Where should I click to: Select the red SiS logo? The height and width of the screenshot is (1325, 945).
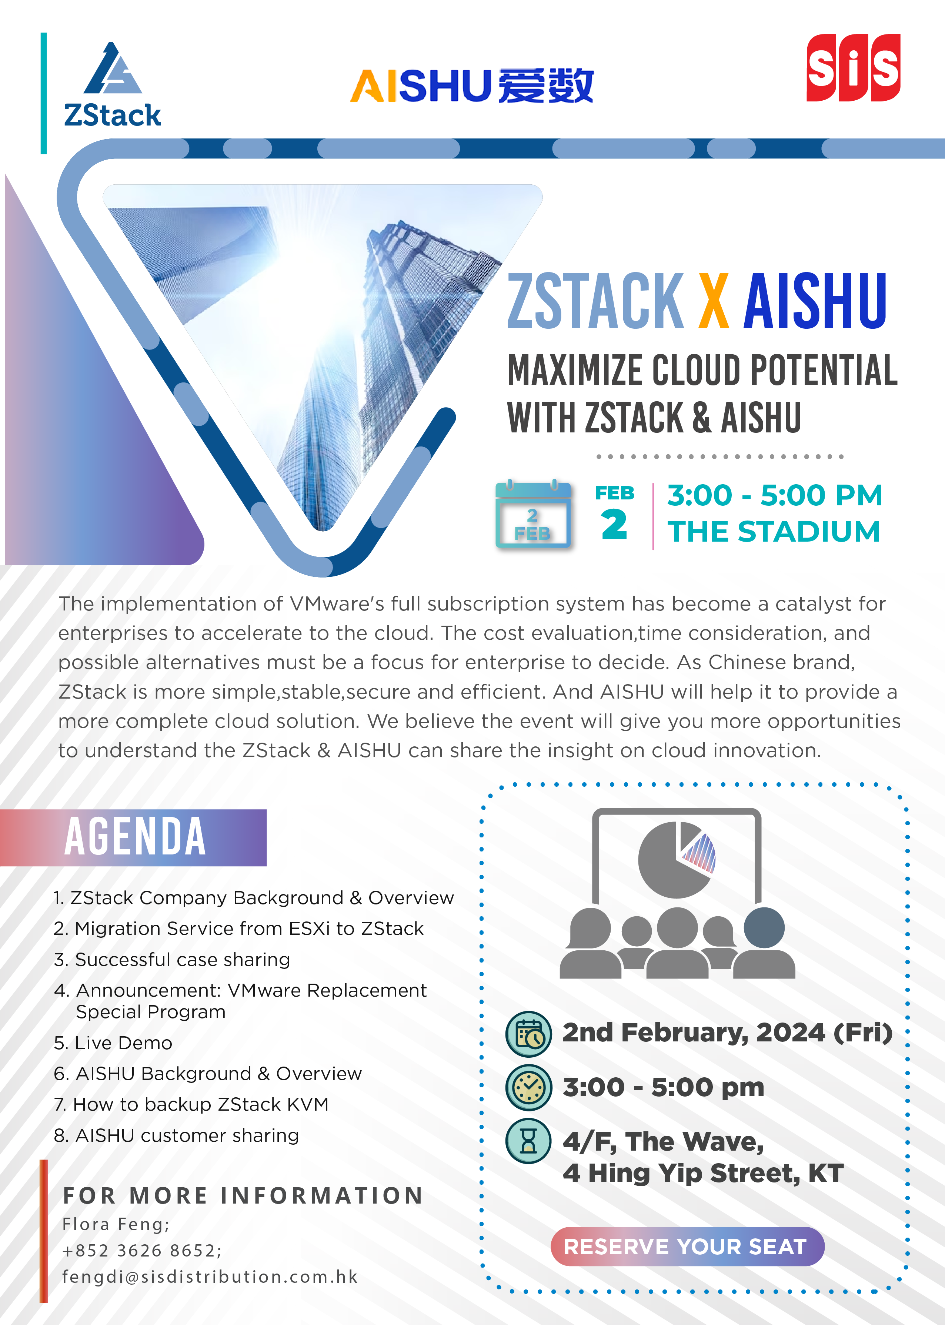[853, 67]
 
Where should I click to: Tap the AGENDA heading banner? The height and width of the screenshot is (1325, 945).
[133, 837]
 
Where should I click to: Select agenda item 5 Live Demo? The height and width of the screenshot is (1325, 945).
[113, 1043]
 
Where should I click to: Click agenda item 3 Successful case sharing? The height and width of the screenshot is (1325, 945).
[172, 960]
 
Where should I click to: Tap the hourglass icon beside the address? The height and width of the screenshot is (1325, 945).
[528, 1141]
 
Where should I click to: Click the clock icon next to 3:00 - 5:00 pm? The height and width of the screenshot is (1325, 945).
[528, 1087]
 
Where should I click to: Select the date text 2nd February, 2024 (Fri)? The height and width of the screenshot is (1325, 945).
[727, 1033]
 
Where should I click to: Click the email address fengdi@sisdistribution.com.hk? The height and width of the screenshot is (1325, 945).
[210, 1277]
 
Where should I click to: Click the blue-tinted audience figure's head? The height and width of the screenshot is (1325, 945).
[764, 927]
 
